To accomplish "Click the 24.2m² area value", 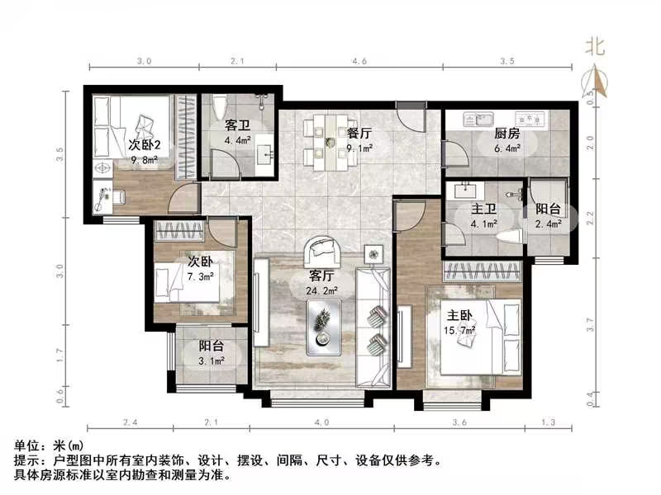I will coord(322,290).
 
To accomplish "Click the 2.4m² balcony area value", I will coord(549,223).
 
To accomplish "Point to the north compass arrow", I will coord(595,80).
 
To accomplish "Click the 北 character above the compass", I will coord(595,47).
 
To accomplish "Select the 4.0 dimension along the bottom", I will coord(321,422).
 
